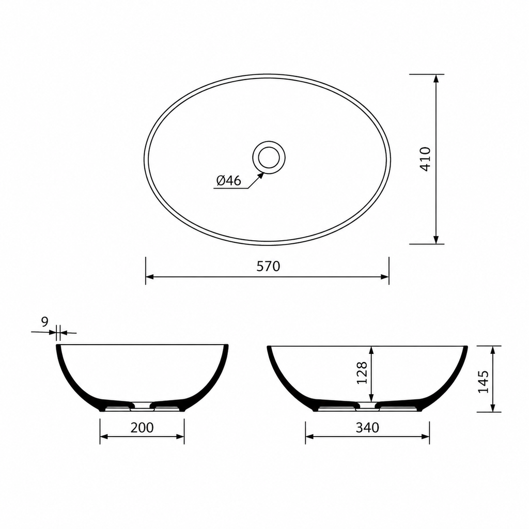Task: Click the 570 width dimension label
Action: click(x=268, y=266)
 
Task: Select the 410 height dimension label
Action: click(x=426, y=159)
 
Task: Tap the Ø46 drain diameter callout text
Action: click(x=229, y=181)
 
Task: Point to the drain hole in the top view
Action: click(x=269, y=158)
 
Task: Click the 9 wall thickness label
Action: click(x=45, y=322)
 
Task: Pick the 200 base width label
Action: click(x=142, y=427)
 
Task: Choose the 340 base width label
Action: click(x=367, y=427)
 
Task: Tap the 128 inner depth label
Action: click(x=362, y=373)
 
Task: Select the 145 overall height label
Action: click(x=483, y=382)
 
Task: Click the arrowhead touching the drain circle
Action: click(x=260, y=176)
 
